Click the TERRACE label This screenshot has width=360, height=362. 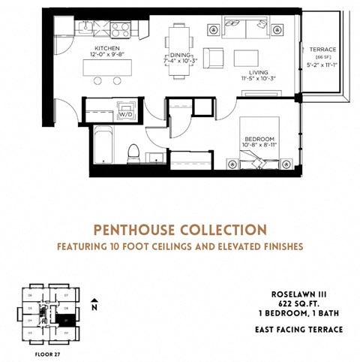[x=323, y=50]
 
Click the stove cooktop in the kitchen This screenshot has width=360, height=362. [x=121, y=29]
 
